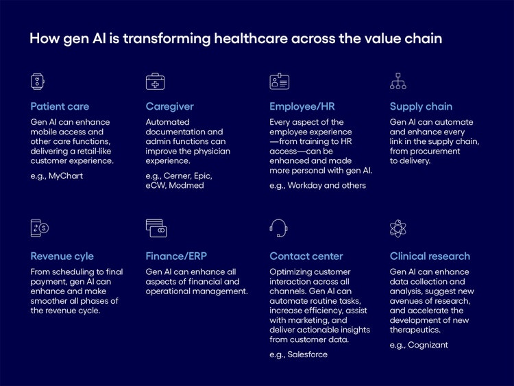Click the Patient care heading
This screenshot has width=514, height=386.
click(60, 106)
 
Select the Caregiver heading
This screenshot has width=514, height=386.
click(169, 106)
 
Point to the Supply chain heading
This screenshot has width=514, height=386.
click(421, 106)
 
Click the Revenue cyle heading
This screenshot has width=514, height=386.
click(62, 256)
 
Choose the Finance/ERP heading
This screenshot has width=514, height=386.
click(175, 256)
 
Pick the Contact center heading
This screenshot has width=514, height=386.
click(306, 256)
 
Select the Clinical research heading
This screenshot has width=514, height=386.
click(430, 256)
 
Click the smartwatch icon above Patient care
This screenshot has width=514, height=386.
click(37, 82)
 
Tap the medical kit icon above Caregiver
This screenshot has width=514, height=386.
click(155, 82)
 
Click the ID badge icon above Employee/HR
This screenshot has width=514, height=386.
click(279, 82)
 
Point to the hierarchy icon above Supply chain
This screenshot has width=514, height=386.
click(398, 82)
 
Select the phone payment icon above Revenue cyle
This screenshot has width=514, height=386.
click(40, 228)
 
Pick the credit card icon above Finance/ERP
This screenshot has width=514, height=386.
click(156, 228)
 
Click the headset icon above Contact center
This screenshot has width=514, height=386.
click(278, 228)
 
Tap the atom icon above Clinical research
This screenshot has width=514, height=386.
click(398, 228)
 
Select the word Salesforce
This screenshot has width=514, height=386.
click(308, 354)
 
